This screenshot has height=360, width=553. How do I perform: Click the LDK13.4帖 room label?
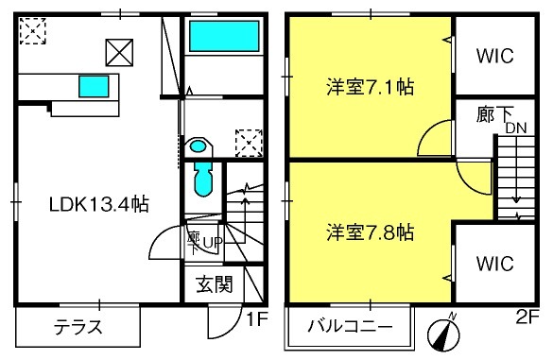pos(99,204)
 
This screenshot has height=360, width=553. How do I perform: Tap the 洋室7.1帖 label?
pos(371,87)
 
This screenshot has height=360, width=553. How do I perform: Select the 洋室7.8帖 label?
pos(371,232)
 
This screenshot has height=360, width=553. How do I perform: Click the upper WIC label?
pos(495,56)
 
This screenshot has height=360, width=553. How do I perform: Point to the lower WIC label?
pos(495,264)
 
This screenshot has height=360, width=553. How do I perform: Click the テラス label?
pos(78,327)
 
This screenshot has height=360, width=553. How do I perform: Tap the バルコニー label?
pos(350,326)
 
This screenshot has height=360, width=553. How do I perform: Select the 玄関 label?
pos(215,284)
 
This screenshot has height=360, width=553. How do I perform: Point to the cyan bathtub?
pos(224,36)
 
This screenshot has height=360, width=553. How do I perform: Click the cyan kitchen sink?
pos(94,86)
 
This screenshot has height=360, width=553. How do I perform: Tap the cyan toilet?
pos(203,180)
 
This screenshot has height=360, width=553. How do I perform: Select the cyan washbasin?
pos(198,146)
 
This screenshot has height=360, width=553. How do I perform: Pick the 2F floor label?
pos(527,317)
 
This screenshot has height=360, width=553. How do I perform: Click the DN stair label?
pos(516,128)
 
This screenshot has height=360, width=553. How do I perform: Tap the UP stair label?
pos(212,242)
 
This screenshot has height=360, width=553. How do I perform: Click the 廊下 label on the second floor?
pos(494,114)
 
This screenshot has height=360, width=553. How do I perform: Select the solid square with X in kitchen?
pos(119,53)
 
